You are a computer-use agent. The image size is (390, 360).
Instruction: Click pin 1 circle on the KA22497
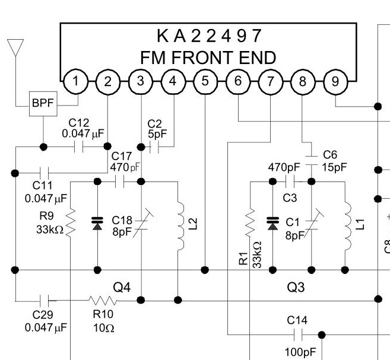[x=75, y=82]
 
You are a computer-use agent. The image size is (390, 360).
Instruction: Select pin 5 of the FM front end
[x=205, y=82]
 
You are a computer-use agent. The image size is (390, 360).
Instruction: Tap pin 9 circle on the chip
[x=335, y=82]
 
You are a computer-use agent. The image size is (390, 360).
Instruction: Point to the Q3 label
[x=295, y=288]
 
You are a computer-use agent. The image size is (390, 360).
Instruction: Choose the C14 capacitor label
[x=297, y=320]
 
